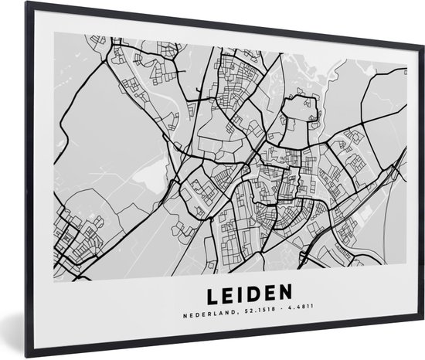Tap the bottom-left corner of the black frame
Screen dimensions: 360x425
pyautogui.click(x=26, y=357)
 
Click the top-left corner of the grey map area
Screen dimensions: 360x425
pyautogui.click(x=55, y=33)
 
